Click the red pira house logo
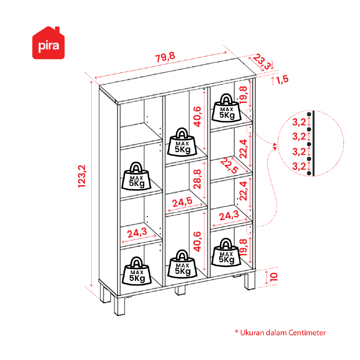coord(49,43)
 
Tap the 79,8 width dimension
coord(165,57)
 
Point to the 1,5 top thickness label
coord(282,80)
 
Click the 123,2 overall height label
coord(82,176)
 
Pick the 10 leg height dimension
coord(274,277)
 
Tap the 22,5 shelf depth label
coord(229,165)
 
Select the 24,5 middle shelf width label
coord(182,202)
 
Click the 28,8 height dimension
coord(197,179)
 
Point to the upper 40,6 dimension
coord(197,116)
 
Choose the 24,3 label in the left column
coord(137,233)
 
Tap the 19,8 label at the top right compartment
coord(243,94)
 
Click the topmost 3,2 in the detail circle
coord(299,122)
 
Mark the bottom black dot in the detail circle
coord(309,173)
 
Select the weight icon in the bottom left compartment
coord(137,271)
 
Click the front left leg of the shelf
coord(120,306)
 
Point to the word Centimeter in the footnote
coord(307,333)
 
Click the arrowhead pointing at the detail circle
coord(275,145)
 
